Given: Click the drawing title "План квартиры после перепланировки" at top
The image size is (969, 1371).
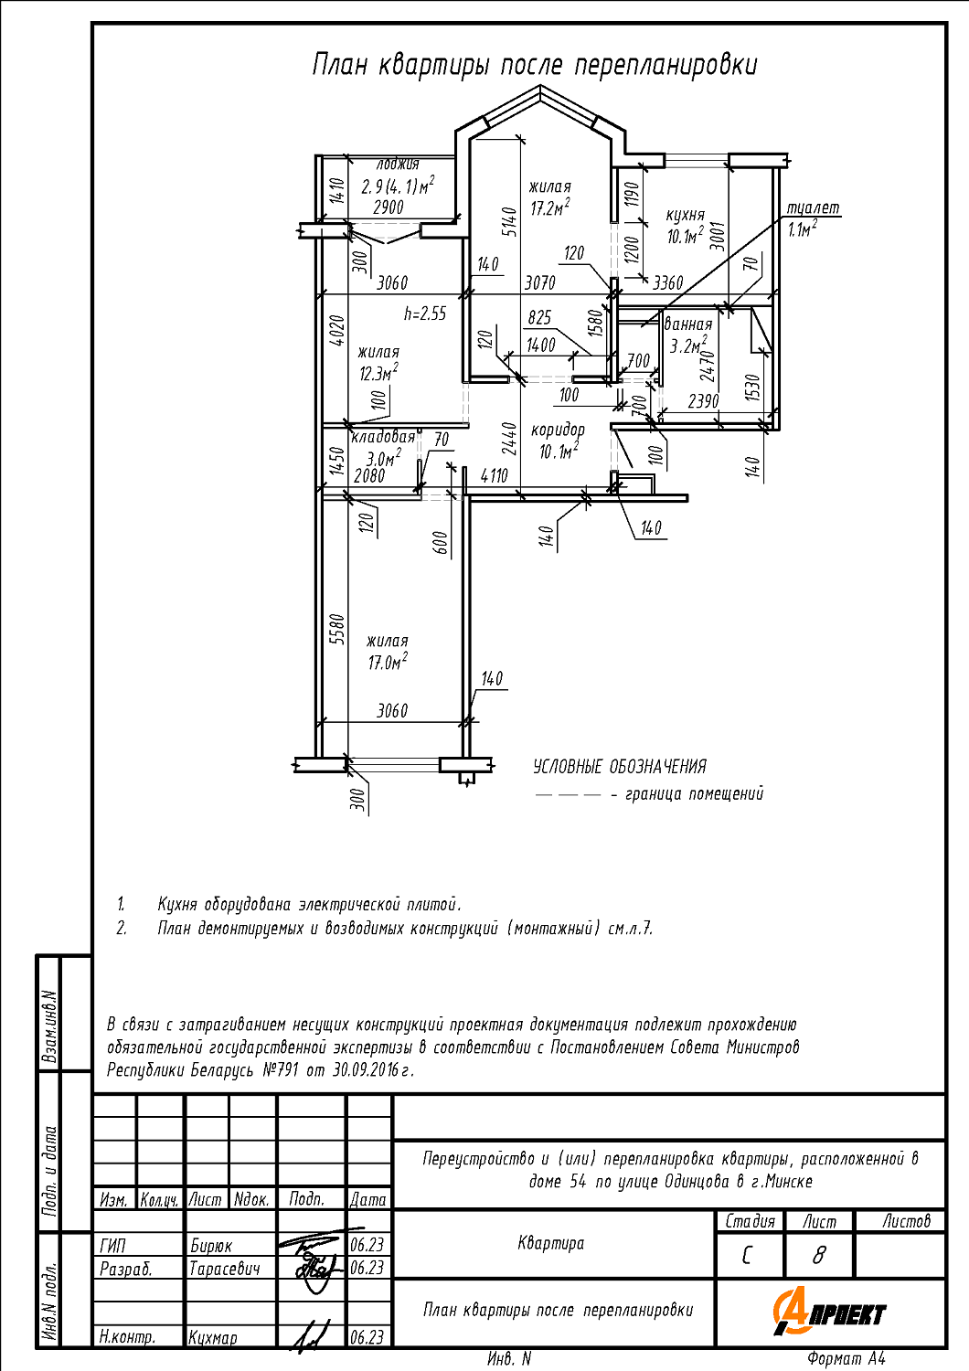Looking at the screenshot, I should point(535,66).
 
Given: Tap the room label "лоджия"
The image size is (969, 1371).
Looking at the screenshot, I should point(398,165).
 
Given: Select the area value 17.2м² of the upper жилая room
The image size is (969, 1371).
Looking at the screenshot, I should point(549,208).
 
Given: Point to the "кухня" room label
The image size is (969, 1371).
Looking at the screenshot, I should point(685,216).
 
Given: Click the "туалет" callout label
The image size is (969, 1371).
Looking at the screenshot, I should point(813,208).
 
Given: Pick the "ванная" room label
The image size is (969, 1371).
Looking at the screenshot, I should point(687,324).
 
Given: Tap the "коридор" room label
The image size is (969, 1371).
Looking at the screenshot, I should point(558,430).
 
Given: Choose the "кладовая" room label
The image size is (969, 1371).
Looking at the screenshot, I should point(383,438).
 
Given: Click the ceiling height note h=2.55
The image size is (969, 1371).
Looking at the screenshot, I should point(425,314).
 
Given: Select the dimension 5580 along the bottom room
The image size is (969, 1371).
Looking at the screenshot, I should point(337,629).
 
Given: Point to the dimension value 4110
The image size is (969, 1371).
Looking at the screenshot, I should point(494,475).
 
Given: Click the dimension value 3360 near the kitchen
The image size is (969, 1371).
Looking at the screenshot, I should point(667,282).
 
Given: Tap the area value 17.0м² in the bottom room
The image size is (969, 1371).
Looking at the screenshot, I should point(388,663).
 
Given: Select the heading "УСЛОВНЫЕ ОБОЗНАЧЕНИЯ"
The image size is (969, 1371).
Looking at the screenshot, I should point(620,767).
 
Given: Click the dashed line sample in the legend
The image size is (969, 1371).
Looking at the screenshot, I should point(568,795).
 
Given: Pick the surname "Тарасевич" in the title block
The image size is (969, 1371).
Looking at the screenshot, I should point(225,1269).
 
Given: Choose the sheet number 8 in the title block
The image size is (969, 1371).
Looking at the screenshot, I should point(818,1256).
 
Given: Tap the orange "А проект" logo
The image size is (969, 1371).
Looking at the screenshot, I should point(830,1313).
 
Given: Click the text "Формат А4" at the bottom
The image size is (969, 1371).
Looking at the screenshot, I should point(847,1359).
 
